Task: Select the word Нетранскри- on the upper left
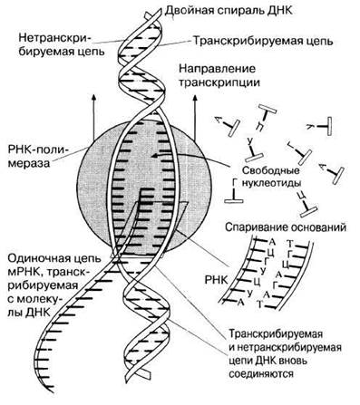click(56, 38)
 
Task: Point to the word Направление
click(217, 69)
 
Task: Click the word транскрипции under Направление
click(219, 82)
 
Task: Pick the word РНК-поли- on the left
click(39, 149)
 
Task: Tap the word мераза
click(30, 163)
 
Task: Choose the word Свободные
click(270, 170)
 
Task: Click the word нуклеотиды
click(272, 184)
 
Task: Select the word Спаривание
click(256, 227)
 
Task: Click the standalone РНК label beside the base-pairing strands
click(216, 280)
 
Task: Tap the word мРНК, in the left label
click(27, 272)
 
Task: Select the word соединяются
click(261, 374)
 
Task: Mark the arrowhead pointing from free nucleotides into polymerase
click(154, 156)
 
